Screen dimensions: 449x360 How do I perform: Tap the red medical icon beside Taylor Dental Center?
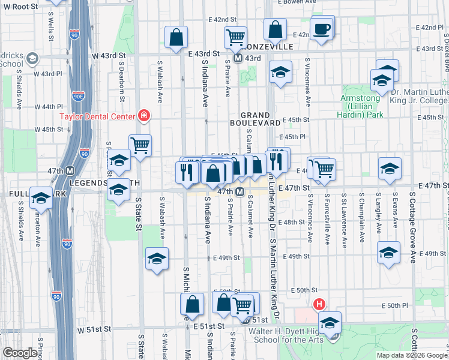click(x=143, y=115)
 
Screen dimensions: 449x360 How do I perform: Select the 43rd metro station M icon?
click(x=238, y=58)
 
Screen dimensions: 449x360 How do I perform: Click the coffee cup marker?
click(x=322, y=29)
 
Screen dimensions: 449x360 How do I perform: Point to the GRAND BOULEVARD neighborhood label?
click(x=261, y=118)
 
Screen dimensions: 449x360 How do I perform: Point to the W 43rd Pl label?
click(x=48, y=74)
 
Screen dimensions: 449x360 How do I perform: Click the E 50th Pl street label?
click(x=397, y=306)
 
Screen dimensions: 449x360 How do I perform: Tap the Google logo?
click(x=20, y=352)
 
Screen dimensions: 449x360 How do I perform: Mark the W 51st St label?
click(x=94, y=329)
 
